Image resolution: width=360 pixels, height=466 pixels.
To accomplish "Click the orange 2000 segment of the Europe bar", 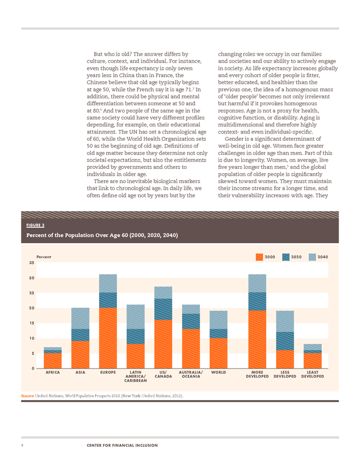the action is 108,338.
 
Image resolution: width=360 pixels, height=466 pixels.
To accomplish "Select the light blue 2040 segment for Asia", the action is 80,319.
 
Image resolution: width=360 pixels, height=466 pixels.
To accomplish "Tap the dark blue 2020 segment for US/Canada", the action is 163,309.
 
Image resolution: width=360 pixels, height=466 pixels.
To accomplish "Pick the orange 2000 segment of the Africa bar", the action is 52,361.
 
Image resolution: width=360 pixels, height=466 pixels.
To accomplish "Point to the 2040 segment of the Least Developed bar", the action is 313,347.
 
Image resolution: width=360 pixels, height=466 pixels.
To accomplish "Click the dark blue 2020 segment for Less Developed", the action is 285,341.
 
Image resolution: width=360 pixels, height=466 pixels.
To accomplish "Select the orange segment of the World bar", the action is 218,353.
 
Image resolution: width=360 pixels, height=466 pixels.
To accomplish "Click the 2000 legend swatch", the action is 259,257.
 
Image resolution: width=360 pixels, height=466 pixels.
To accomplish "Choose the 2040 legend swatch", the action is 312,257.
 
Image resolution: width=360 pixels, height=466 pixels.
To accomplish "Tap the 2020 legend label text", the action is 296,257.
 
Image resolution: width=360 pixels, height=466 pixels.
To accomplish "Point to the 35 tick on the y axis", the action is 31,263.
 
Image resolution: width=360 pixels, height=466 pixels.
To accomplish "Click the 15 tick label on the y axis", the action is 31,323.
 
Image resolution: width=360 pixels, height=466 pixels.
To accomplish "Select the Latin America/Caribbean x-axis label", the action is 136,377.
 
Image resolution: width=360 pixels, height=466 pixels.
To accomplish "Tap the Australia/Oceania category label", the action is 191,374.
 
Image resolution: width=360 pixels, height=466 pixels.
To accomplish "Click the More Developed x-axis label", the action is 257,374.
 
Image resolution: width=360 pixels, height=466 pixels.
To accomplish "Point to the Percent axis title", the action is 44,257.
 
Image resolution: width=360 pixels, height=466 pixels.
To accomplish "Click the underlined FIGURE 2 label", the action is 35,225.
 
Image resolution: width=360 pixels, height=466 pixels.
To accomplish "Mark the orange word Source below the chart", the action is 28,396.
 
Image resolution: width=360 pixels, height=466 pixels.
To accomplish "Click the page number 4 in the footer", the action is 22,445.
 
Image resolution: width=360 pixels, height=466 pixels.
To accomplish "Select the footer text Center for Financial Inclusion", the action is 122,445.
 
